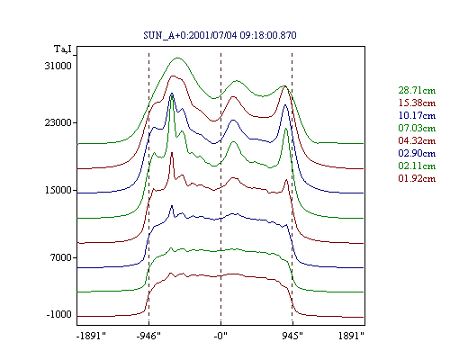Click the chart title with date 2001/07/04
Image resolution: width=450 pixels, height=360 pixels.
pyautogui.click(x=220, y=35)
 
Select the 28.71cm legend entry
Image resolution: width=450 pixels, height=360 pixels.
pyautogui.click(x=417, y=90)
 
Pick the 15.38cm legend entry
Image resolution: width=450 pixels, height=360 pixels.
pyautogui.click(x=417, y=103)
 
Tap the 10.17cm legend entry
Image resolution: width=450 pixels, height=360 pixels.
pyautogui.click(x=417, y=115)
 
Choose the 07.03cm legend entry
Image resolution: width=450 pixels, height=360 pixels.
pyautogui.click(x=417, y=128)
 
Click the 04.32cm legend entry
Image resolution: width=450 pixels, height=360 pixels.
pyautogui.click(x=417, y=140)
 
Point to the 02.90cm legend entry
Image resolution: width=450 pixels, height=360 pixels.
pyautogui.click(x=417, y=153)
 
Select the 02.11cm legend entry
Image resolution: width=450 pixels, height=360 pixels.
pyautogui.click(x=417, y=166)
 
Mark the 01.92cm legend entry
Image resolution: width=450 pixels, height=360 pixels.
pyautogui.click(x=417, y=178)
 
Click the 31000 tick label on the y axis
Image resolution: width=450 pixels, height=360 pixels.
pyautogui.click(x=58, y=66)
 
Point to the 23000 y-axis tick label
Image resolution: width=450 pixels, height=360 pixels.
pyautogui.click(x=58, y=122)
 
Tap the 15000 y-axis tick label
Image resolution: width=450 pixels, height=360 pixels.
pyautogui.click(x=58, y=190)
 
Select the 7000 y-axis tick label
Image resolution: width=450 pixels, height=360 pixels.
pyautogui.click(x=61, y=257)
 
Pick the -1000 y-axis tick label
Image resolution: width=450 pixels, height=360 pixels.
pyautogui.click(x=58, y=314)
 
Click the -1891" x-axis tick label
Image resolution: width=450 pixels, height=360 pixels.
pyautogui.click(x=91, y=336)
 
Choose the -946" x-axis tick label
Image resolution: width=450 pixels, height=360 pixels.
pyautogui.click(x=148, y=336)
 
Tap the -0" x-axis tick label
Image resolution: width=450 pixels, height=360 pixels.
pyautogui.click(x=220, y=336)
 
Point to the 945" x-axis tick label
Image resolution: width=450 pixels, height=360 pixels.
pyautogui.click(x=292, y=336)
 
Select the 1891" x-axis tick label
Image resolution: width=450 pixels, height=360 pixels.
pyautogui.click(x=351, y=336)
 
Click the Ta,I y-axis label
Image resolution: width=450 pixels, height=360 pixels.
pyautogui.click(x=63, y=49)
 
